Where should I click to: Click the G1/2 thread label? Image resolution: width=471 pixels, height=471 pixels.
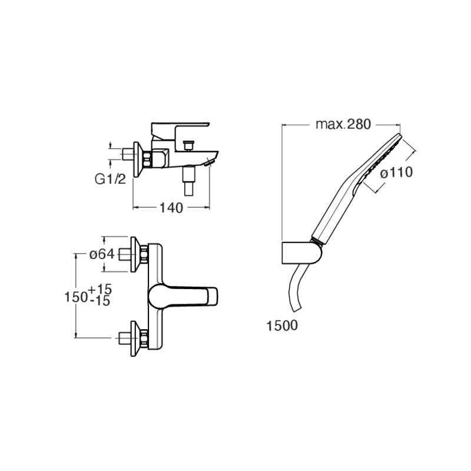click(x=110, y=180)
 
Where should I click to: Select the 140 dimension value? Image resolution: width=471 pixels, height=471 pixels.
click(x=171, y=208)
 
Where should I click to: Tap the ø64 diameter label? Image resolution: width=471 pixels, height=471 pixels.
click(x=102, y=254)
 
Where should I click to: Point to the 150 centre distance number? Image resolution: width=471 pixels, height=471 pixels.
click(x=77, y=297)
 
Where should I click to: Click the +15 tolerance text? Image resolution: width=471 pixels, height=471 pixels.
click(x=100, y=289)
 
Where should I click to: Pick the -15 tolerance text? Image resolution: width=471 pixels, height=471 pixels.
click(x=100, y=301)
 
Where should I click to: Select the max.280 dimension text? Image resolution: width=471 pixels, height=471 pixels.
click(x=343, y=124)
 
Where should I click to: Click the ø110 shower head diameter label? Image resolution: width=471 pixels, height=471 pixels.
click(x=396, y=173)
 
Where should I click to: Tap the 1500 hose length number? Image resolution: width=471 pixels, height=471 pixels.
click(x=282, y=326)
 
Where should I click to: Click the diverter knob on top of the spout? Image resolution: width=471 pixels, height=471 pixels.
click(x=188, y=145)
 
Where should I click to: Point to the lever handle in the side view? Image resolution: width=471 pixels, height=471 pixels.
click(x=180, y=130)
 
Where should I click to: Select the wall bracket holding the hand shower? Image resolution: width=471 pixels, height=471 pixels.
click(x=302, y=253)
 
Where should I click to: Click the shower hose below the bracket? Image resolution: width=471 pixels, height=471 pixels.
click(x=298, y=290)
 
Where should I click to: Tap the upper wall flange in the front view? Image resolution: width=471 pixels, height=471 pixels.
click(x=135, y=254)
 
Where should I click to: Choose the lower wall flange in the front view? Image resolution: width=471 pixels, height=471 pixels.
click(x=135, y=339)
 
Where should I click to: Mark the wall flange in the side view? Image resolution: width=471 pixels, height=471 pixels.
click(x=138, y=159)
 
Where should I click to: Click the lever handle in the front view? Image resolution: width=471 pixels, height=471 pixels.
click(x=183, y=297)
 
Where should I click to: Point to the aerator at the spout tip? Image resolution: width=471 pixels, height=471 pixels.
click(x=209, y=163)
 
